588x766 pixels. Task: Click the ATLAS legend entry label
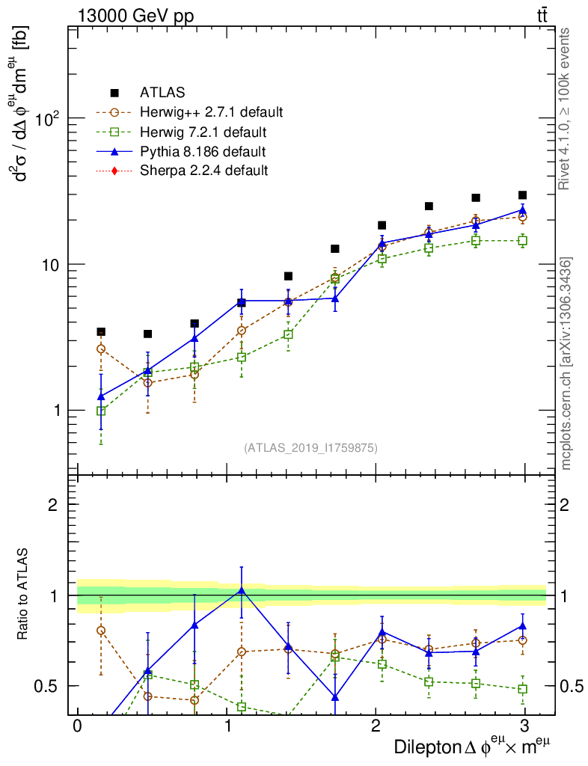(x=162, y=93)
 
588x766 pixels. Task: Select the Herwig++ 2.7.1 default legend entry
(x=211, y=113)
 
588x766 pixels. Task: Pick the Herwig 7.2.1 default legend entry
(x=203, y=132)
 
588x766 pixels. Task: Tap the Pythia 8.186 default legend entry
(x=203, y=152)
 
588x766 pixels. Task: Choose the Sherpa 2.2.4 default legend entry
(x=203, y=171)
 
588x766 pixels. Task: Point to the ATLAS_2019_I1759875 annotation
(x=310, y=448)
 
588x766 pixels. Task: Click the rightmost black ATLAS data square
(x=522, y=195)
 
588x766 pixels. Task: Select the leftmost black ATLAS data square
(x=101, y=332)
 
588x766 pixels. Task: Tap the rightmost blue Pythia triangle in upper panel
(x=522, y=209)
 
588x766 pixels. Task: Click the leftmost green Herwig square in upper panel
(x=101, y=411)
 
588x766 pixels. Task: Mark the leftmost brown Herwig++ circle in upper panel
(x=101, y=349)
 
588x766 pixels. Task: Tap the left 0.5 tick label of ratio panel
(x=49, y=686)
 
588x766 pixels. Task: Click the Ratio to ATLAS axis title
(x=25, y=595)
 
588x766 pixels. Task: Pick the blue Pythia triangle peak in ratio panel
(x=241, y=590)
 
